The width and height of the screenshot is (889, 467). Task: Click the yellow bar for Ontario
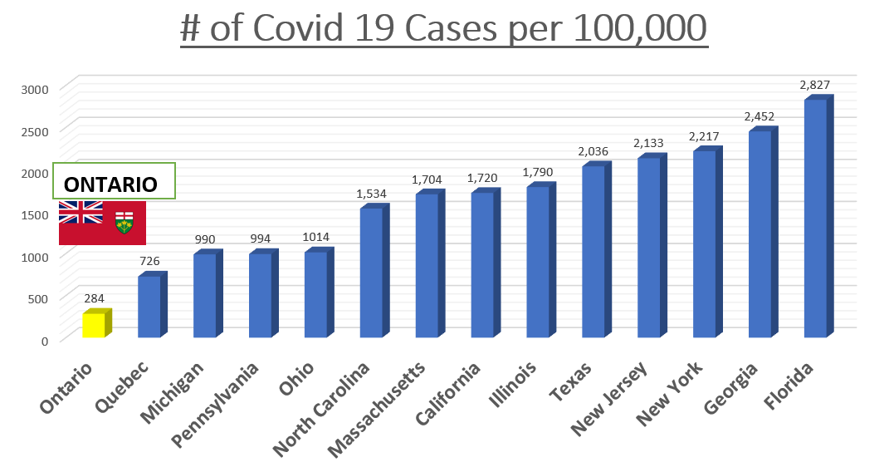click(94, 325)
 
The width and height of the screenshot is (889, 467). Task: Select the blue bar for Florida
click(816, 218)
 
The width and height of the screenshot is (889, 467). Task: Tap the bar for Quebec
click(149, 306)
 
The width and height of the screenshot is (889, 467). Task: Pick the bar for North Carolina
click(371, 273)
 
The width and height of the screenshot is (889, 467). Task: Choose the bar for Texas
click(593, 252)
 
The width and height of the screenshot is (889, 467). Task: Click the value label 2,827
click(815, 85)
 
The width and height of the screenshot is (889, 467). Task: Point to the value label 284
click(94, 298)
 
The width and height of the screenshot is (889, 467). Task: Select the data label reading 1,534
click(371, 194)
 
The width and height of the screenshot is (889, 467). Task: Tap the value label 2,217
click(704, 136)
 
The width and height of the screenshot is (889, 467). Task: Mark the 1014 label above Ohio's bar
click(316, 237)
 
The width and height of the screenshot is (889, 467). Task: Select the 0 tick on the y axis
click(45, 340)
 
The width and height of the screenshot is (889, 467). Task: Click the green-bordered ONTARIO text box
click(115, 182)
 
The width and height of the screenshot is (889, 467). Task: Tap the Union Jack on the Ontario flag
click(81, 213)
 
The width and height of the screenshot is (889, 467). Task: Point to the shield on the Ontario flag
click(125, 221)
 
